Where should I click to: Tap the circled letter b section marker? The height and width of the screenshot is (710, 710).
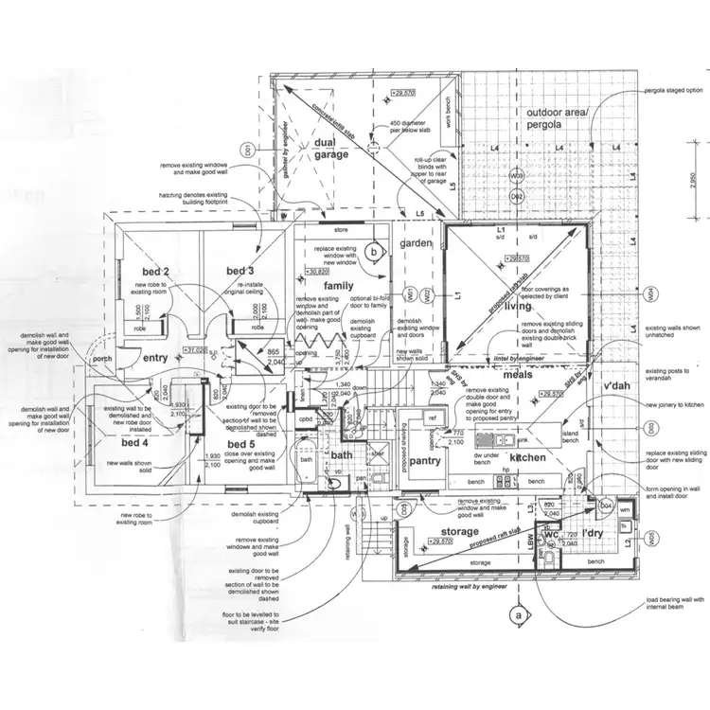(x=375, y=252)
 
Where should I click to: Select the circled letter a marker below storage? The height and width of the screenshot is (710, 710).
(x=517, y=613)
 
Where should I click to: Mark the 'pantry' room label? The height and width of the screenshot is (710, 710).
(x=426, y=461)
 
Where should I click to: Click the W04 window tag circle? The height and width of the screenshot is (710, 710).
(x=651, y=294)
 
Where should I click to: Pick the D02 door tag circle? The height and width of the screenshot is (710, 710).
(x=518, y=196)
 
